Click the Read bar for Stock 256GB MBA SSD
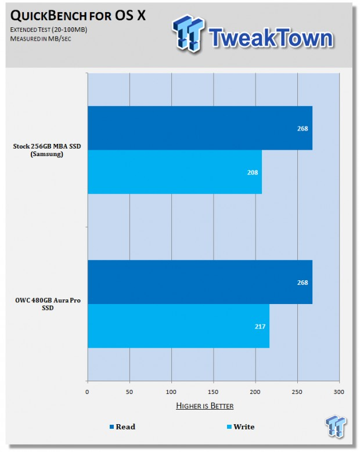[200, 128]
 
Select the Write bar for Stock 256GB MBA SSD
[175, 172]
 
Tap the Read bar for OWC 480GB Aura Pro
[200, 282]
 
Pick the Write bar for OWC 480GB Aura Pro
[179, 326]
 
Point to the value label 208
[253, 172]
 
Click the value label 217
[260, 326]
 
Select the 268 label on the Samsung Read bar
[303, 129]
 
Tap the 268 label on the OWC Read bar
[303, 283]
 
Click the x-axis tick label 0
[87, 392]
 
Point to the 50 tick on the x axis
[129, 392]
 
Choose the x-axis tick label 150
[213, 392]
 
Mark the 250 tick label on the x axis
[297, 392]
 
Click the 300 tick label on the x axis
[339, 392]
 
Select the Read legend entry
[123, 426]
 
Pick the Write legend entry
[240, 426]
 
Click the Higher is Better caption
[205, 406]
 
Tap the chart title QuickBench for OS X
[78, 16]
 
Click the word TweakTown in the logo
[271, 38]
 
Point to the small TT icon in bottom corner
[336, 426]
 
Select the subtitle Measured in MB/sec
[41, 39]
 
